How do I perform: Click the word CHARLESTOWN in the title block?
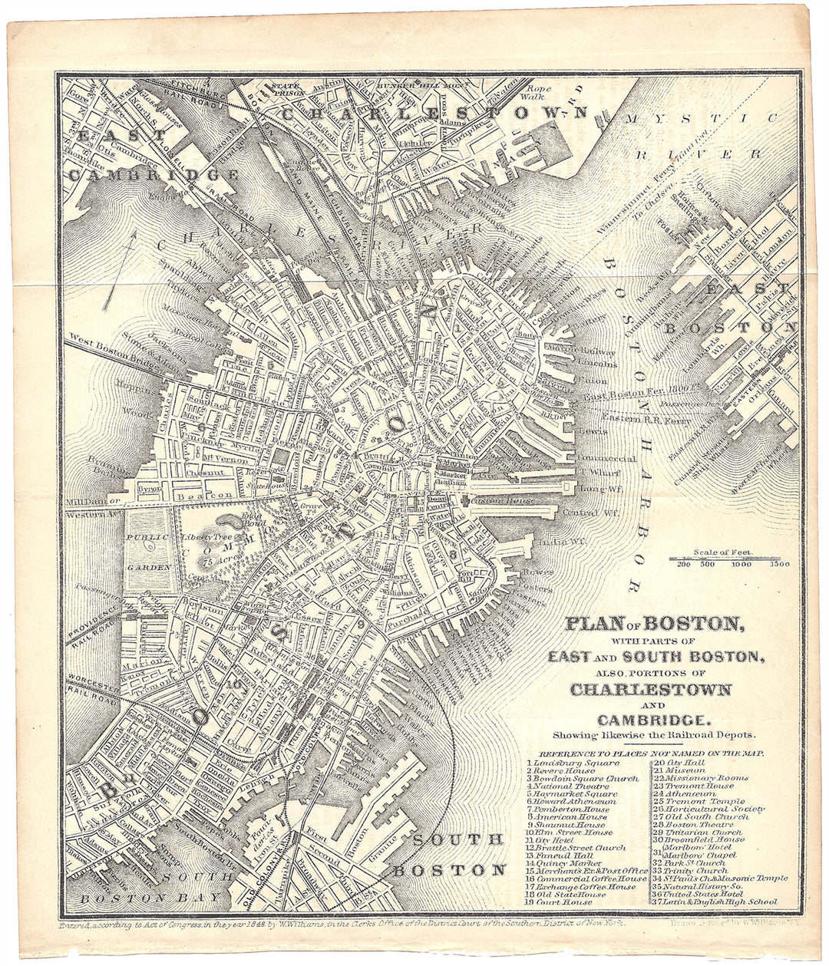[650, 689]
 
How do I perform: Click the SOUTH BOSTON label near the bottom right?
[449, 855]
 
